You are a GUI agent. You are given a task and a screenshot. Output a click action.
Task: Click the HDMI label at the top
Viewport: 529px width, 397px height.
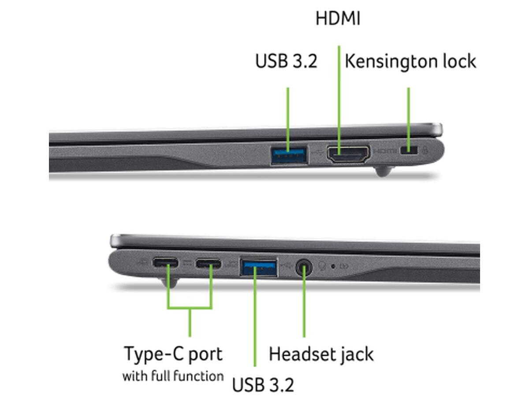tap(338, 19)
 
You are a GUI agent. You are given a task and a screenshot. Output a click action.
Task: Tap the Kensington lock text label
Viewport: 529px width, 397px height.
tap(410, 62)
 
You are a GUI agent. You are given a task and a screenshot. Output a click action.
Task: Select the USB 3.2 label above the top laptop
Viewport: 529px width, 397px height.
tap(286, 61)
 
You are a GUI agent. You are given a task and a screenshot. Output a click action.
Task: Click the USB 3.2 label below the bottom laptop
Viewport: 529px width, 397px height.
tap(263, 385)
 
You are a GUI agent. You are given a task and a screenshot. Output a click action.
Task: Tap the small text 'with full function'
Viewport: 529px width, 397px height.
tap(173, 376)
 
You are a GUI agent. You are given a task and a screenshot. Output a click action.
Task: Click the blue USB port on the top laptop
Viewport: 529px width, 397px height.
tap(289, 155)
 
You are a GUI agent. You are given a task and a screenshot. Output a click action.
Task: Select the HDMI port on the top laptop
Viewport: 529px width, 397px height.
tap(347, 154)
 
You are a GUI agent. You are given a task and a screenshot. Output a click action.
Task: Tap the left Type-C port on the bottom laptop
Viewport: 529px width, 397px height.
tap(165, 262)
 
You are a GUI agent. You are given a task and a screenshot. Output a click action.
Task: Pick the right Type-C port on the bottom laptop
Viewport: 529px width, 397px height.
tap(208, 263)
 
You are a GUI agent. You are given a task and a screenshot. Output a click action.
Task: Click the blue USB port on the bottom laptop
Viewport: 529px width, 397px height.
tap(259, 267)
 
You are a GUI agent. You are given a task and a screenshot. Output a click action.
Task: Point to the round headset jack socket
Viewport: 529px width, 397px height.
tap(304, 268)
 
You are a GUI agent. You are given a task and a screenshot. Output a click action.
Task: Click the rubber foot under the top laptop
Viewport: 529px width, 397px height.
tap(384, 171)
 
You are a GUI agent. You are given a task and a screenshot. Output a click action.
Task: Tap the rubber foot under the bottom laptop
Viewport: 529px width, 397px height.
tap(170, 282)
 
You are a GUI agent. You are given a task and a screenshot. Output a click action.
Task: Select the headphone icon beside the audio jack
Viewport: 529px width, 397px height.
tap(322, 266)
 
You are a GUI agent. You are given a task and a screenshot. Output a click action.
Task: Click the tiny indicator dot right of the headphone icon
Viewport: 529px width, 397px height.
tap(333, 266)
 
